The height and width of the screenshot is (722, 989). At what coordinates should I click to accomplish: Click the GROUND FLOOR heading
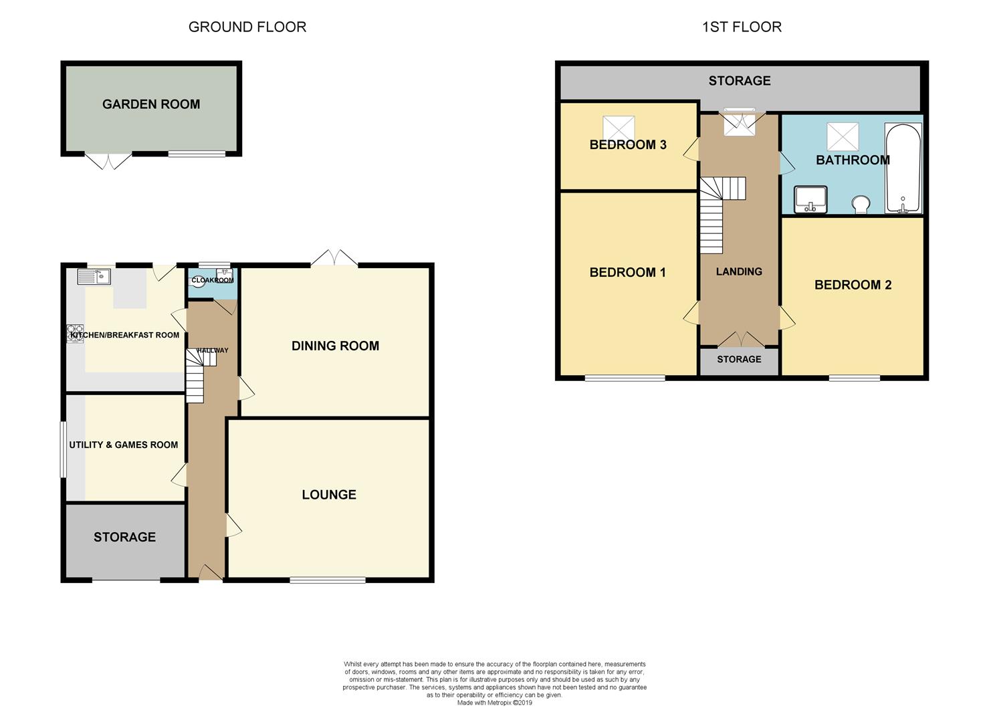tap(247, 27)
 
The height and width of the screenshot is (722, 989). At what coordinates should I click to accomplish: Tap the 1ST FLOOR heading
tap(742, 27)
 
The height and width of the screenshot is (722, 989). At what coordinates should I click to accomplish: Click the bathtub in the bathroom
tap(903, 168)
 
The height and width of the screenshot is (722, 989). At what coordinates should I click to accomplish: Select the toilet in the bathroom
tap(861, 205)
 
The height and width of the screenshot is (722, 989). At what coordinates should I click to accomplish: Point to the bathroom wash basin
tap(810, 199)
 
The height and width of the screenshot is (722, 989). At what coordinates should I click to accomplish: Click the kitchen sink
tap(94, 276)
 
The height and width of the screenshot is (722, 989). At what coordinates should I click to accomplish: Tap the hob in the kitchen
tap(75, 334)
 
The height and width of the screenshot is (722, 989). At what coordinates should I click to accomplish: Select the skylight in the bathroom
tap(843, 137)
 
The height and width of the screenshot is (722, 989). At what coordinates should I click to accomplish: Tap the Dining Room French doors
tap(334, 258)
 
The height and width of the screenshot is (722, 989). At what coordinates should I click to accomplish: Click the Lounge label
tap(329, 495)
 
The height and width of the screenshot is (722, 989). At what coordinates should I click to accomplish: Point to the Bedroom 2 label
tap(853, 285)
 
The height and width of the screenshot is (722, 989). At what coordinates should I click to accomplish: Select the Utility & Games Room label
tap(124, 445)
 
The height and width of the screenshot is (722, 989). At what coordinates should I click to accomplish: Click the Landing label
tap(739, 272)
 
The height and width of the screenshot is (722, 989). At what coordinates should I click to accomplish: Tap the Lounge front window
tap(328, 580)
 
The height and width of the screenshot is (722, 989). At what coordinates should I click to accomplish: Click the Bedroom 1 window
tap(625, 378)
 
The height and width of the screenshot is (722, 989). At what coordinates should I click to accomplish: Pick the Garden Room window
tap(197, 154)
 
